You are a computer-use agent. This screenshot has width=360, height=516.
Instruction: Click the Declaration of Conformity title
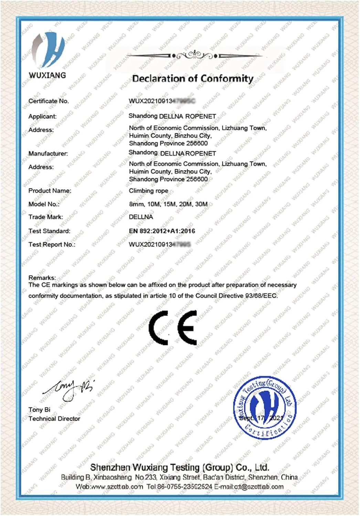click(193, 79)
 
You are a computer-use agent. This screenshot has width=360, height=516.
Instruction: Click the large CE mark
click(173, 327)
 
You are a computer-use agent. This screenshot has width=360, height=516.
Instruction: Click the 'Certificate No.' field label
click(49, 101)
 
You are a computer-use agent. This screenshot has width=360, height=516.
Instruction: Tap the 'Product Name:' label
click(50, 191)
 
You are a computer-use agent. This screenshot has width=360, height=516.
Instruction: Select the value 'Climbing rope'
click(148, 191)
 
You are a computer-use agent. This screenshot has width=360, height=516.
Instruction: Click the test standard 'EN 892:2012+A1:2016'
click(162, 231)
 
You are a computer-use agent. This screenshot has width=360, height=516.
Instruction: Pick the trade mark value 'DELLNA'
click(141, 217)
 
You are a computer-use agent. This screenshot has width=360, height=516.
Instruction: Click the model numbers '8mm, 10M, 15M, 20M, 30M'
click(168, 204)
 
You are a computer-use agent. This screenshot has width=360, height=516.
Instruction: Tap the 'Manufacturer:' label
click(48, 153)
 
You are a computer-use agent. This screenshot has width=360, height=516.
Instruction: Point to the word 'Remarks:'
click(42, 277)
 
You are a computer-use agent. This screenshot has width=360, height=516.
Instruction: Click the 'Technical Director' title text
click(54, 419)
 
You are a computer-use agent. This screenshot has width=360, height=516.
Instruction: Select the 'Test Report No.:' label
click(52, 245)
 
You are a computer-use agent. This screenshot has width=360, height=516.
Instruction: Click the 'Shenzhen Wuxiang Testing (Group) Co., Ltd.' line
click(179, 467)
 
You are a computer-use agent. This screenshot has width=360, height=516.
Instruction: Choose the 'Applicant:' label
click(42, 116)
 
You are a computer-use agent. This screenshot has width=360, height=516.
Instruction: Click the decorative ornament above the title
click(194, 55)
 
